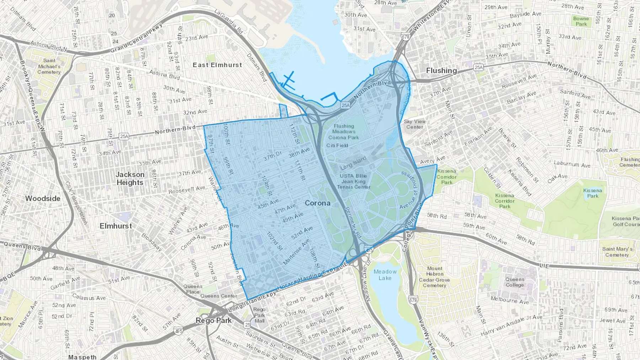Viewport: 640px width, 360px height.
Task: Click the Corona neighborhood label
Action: [318, 203]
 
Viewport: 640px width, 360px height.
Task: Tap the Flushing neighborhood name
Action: [441, 70]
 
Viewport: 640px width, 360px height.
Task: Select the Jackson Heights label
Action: [130, 178]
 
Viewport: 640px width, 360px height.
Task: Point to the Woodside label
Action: [43, 198]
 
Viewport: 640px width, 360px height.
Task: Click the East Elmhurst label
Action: [217, 65]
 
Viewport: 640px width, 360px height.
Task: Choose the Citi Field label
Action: [337, 145]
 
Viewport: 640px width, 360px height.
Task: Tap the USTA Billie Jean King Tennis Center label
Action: [353, 181]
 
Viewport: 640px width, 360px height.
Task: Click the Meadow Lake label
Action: [385, 275]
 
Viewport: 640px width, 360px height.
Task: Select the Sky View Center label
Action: [415, 124]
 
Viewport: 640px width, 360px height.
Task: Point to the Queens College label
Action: [514, 282]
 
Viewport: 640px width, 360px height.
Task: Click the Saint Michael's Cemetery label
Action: [49, 66]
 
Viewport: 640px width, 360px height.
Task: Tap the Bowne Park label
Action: [581, 21]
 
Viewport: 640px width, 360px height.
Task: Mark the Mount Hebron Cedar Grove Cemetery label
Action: [434, 277]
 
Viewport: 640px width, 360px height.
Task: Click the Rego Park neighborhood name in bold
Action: [213, 321]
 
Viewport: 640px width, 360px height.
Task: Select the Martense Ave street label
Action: [296, 252]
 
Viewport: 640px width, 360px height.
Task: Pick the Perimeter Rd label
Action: [353, 222]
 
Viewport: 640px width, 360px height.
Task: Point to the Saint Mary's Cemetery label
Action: [617, 252]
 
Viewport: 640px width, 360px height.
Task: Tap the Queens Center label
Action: [218, 296]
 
